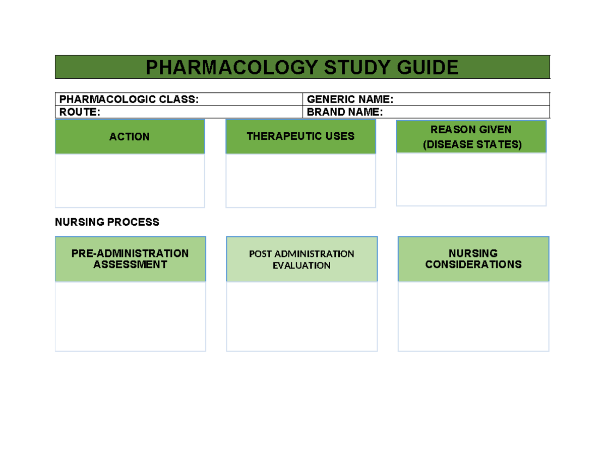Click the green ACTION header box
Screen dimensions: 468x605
coord(130,137)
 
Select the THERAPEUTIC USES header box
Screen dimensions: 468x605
coord(300,136)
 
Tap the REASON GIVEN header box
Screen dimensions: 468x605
coord(471,130)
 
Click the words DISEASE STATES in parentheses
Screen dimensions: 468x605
coord(471,145)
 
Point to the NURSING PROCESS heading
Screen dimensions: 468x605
coord(107,222)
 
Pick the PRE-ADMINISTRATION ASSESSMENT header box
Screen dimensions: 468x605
coord(130,258)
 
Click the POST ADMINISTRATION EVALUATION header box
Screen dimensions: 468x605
coord(301,259)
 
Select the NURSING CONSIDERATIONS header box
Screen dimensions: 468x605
coord(473,258)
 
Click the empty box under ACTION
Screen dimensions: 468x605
coord(130,180)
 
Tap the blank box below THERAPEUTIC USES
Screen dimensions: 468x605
coord(300,180)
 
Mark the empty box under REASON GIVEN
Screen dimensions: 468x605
coord(471,179)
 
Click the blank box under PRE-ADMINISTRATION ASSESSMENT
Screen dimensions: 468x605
coord(130,316)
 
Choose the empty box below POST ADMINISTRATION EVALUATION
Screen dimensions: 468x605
coord(301,316)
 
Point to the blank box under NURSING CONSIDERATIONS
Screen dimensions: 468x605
coord(473,316)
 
